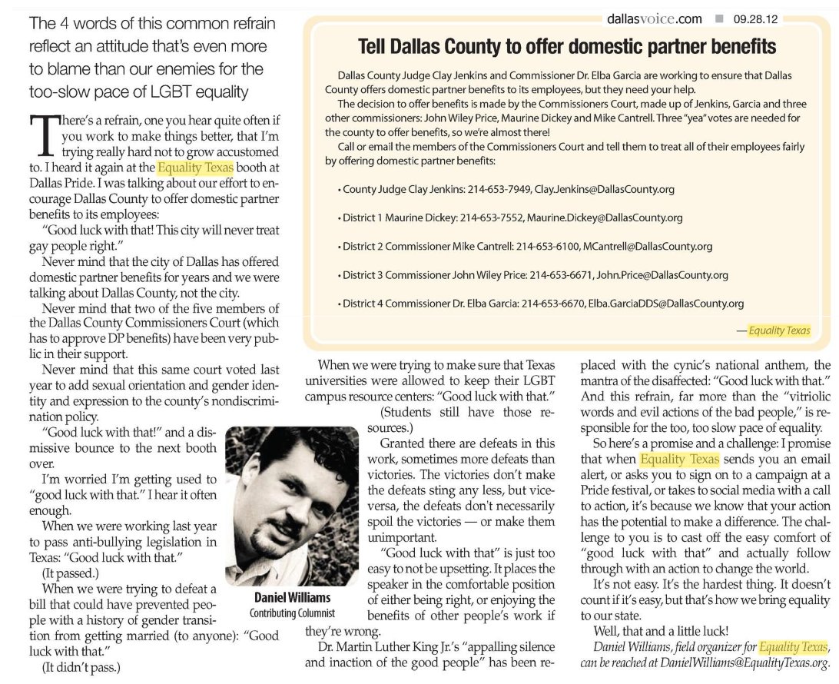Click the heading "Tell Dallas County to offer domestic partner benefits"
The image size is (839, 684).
tap(568, 46)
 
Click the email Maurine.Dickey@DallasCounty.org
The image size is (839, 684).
tap(605, 217)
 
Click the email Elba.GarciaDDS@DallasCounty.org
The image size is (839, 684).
tap(665, 303)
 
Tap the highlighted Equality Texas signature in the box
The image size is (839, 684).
tap(779, 330)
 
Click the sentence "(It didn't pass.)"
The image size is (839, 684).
tap(81, 667)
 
